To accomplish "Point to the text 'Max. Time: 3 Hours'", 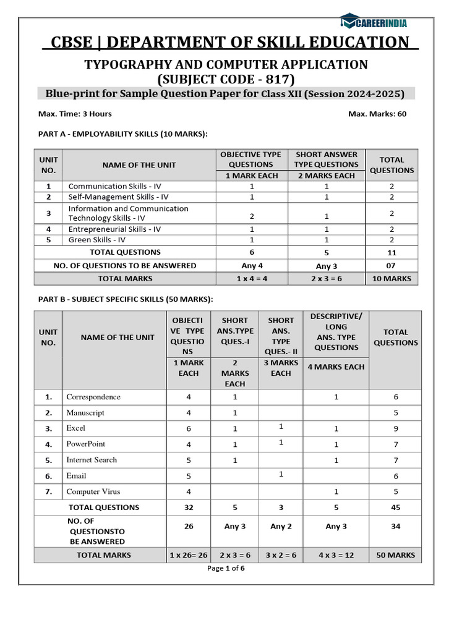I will click(x=75, y=114).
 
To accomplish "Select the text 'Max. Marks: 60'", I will click(x=377, y=114).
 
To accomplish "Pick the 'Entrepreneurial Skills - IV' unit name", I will click(x=114, y=229).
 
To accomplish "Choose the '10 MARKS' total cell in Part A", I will click(x=392, y=279).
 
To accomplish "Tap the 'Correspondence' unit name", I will click(x=93, y=397).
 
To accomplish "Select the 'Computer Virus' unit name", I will click(x=93, y=492).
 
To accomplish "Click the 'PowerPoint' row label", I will click(x=86, y=444).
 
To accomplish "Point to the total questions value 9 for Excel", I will click(x=396, y=428).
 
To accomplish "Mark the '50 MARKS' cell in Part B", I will click(x=396, y=555).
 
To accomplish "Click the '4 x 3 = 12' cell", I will click(x=336, y=555).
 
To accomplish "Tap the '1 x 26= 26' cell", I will click(x=189, y=555).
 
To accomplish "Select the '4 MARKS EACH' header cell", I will click(x=336, y=367).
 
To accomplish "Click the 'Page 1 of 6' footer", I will click(x=226, y=569).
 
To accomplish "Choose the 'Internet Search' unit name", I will click(x=92, y=460).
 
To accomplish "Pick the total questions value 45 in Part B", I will click(x=396, y=508).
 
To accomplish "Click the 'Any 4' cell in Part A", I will click(x=250, y=266).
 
